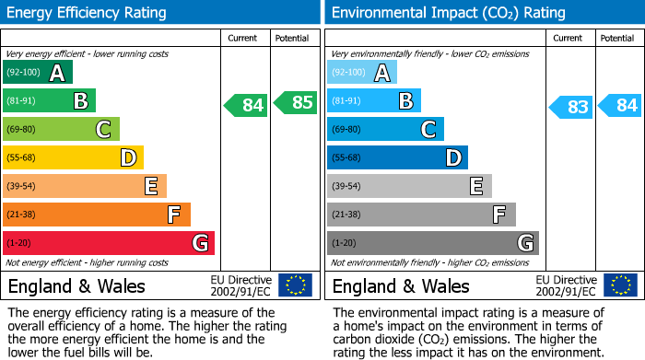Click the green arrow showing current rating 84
(246, 105)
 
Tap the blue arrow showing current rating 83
(570, 107)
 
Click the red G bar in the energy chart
(108, 243)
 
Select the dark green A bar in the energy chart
(38, 73)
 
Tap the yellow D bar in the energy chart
(73, 158)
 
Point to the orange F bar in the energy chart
(97, 215)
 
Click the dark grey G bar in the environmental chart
(432, 243)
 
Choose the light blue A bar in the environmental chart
(362, 73)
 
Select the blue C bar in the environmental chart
(385, 130)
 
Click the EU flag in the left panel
(295, 285)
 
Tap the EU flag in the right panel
(619, 285)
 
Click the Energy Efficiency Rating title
(88, 13)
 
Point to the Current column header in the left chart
(244, 38)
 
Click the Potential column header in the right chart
(616, 38)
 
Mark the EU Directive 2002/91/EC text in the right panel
(566, 285)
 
